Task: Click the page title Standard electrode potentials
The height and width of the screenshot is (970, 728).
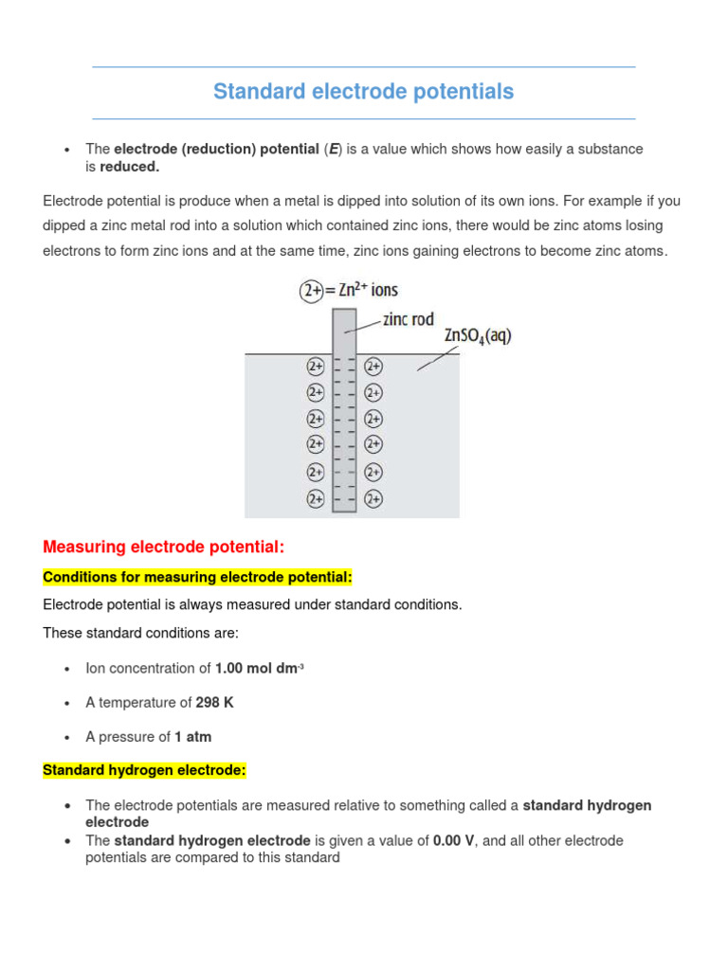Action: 363,92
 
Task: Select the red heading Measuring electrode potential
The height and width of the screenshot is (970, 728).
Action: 163,548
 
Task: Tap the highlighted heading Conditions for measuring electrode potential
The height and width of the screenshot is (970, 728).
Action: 197,577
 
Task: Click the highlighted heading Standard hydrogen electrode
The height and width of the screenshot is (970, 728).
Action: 144,770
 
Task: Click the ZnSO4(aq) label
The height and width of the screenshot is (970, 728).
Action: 477,336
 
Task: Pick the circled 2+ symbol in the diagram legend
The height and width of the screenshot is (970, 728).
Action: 312,291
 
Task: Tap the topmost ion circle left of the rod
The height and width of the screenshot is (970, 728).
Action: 315,366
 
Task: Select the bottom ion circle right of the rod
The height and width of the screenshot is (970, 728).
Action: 373,497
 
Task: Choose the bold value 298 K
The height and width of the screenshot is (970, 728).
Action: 213,702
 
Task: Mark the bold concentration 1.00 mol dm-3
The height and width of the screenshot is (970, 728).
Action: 259,668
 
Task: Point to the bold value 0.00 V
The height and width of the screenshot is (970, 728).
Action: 454,840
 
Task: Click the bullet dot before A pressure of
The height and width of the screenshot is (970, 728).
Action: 66,737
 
